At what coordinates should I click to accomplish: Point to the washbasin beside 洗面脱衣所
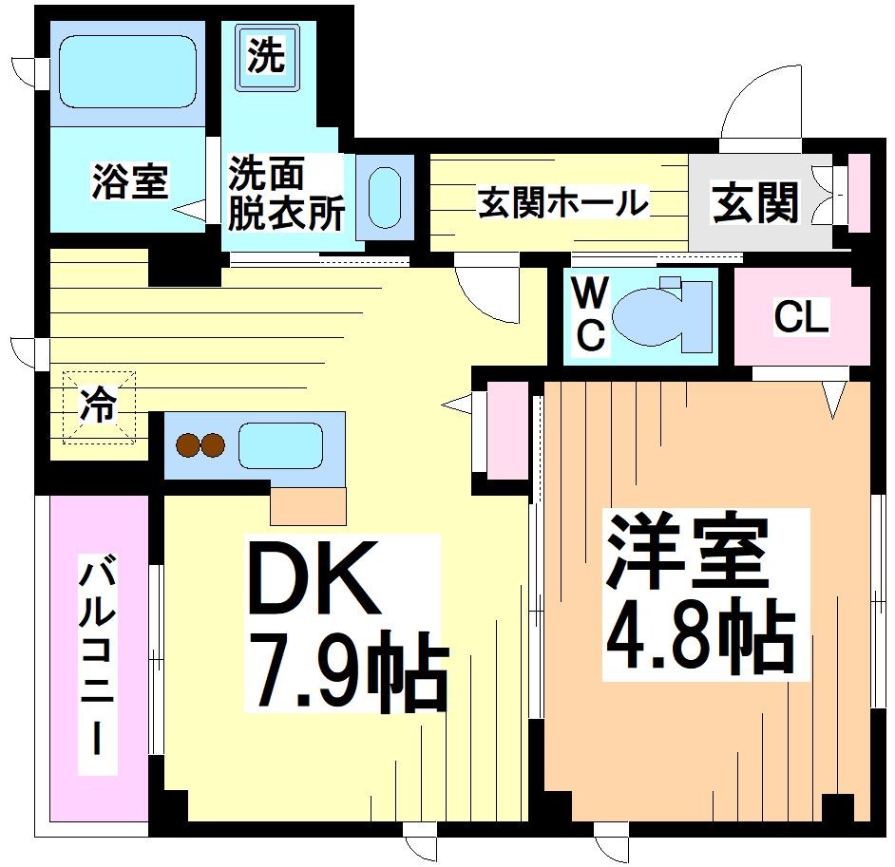(x=384, y=198)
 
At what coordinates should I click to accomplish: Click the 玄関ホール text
(x=562, y=202)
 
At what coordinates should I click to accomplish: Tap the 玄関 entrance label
(x=756, y=202)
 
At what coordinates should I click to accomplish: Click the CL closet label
(x=802, y=317)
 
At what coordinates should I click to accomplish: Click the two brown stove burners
(x=200, y=444)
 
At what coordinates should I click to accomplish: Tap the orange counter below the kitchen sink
(x=308, y=505)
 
